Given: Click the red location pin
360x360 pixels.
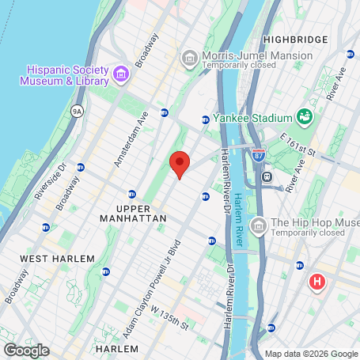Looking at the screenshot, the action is click(180, 165).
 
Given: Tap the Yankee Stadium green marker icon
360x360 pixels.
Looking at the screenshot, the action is click(305, 118).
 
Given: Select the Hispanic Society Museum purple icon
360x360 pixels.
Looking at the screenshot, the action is click(122, 74).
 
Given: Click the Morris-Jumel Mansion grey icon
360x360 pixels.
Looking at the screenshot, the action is click(190, 59).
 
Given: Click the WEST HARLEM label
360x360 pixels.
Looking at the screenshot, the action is click(57, 259).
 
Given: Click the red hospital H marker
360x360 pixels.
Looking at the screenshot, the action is click(317, 282).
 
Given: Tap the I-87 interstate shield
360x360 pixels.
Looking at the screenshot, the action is click(259, 156).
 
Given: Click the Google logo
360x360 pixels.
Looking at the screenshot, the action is click(26, 350).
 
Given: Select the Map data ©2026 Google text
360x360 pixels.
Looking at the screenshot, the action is click(311, 354).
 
